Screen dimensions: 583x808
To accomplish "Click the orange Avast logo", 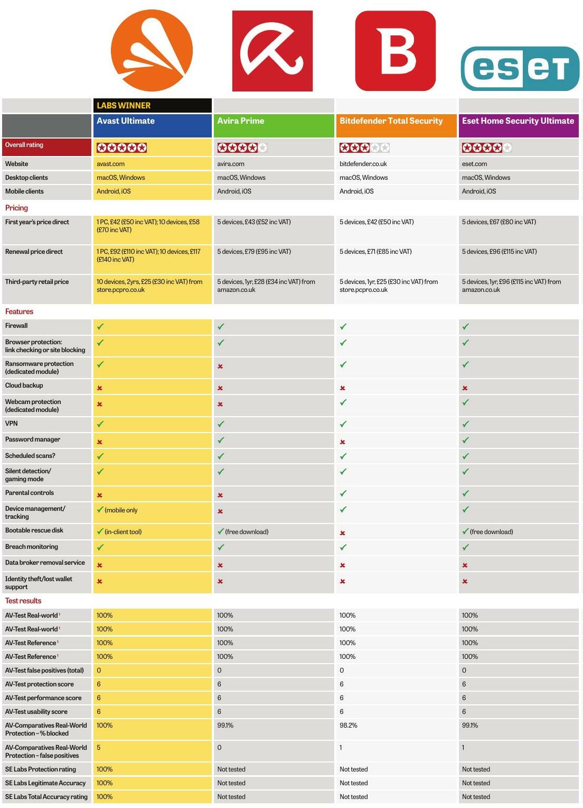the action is [152, 50].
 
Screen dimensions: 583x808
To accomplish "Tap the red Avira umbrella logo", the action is [272, 51].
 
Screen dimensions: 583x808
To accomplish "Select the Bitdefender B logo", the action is [396, 51].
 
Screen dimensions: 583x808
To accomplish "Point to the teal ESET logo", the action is [520, 69].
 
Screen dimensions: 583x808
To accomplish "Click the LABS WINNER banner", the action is [153, 105].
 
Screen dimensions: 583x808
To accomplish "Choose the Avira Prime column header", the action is [274, 125].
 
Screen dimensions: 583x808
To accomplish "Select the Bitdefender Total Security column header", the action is [396, 125].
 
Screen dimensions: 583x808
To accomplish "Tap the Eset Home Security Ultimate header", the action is [519, 125].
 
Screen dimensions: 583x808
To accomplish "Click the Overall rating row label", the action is [24, 145].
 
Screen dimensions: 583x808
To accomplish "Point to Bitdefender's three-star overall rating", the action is [364, 148].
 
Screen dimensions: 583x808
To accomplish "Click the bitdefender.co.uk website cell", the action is [363, 164].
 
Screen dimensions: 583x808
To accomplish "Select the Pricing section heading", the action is [16, 208].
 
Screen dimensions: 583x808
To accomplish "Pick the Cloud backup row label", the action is [24, 385].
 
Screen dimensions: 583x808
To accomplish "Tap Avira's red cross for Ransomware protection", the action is [220, 366].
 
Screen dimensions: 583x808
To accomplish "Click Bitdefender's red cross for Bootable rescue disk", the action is [342, 533].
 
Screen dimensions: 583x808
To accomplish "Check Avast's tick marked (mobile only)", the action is [100, 509].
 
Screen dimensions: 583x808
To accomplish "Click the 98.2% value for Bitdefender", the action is [348, 725].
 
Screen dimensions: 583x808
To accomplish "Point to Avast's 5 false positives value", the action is [98, 747].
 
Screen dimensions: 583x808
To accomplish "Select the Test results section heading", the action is [23, 601].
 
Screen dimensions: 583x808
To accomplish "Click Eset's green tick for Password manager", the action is [466, 440].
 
